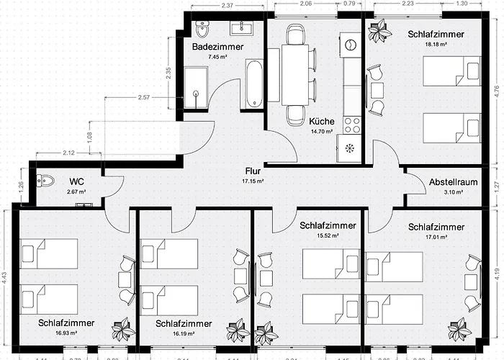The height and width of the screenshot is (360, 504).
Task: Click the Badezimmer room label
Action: click(x=217, y=47)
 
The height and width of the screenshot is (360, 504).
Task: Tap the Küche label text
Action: click(x=320, y=122)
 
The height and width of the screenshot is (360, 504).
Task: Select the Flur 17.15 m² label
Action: click(x=252, y=171)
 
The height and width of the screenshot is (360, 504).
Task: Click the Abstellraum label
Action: click(x=453, y=182)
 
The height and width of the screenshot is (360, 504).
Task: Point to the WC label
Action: click(x=78, y=181)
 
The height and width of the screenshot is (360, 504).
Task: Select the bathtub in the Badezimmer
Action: click(x=253, y=85)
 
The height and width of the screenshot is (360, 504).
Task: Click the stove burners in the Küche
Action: click(x=352, y=125)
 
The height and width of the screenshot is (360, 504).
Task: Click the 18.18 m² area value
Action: click(x=436, y=44)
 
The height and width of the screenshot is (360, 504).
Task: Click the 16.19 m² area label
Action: click(x=184, y=334)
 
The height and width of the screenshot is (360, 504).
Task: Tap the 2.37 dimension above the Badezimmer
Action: click(x=227, y=6)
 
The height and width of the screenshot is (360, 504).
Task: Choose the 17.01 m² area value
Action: click(x=436, y=238)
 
